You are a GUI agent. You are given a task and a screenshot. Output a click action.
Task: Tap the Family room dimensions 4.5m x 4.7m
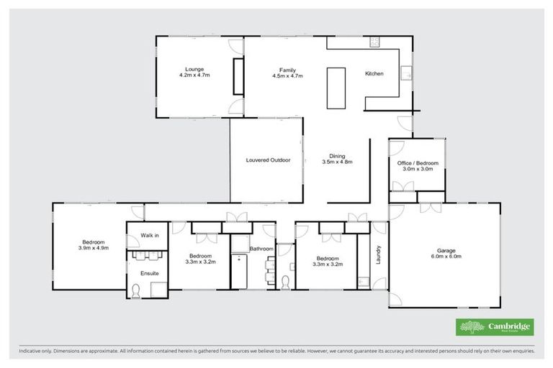click(287, 75)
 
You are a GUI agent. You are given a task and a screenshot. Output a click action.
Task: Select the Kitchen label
click(374, 74)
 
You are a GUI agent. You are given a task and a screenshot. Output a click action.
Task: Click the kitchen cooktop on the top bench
click(374, 43)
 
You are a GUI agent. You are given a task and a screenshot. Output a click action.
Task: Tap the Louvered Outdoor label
click(267, 160)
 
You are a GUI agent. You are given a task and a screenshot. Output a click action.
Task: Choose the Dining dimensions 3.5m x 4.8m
click(337, 162)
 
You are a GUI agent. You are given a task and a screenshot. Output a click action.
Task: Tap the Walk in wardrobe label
click(150, 235)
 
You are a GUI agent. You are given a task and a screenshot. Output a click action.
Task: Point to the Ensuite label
click(149, 272)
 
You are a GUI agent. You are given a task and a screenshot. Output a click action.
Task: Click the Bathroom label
click(260, 249)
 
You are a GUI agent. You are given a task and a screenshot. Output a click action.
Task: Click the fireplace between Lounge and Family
click(236, 77)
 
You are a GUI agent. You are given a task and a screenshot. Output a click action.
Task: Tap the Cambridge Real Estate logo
click(495, 328)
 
